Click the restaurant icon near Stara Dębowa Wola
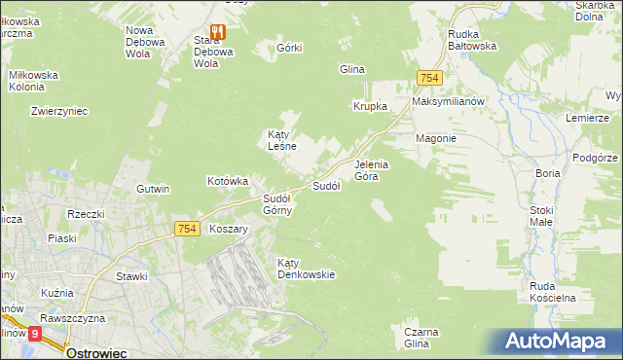[217, 31]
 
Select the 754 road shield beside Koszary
[188, 228]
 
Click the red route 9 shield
[36, 333]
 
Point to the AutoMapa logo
[559, 341]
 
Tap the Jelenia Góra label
[371, 170]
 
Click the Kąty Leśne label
[281, 140]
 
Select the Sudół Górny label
[276, 203]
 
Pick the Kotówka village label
[229, 181]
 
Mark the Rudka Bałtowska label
[472, 38]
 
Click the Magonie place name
[436, 138]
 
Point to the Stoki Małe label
[541, 215]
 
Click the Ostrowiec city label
[99, 352]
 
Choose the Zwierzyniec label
[59, 111]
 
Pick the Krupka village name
[371, 106]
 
